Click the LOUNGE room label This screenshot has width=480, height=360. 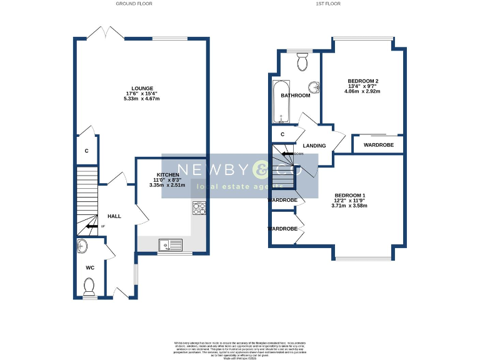coord(142,88)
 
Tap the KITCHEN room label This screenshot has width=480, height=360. coord(168,174)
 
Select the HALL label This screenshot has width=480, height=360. coord(114,216)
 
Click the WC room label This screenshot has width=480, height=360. coord(89,267)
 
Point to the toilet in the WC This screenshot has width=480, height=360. coord(89,287)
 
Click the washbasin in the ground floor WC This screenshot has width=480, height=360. coord(84,245)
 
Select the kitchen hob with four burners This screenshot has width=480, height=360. coord(200,208)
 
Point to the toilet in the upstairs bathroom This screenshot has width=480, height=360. coord(302,62)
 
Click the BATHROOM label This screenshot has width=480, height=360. coord(295,96)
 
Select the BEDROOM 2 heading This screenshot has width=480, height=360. coord(363,81)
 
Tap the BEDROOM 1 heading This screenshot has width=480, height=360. coord(350,195)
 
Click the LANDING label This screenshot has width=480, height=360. coord(314,146)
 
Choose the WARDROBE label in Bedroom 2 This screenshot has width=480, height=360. coord(377,145)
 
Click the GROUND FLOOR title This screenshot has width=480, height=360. coord(134,4)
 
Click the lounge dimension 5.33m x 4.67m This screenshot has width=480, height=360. coord(142,99)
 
